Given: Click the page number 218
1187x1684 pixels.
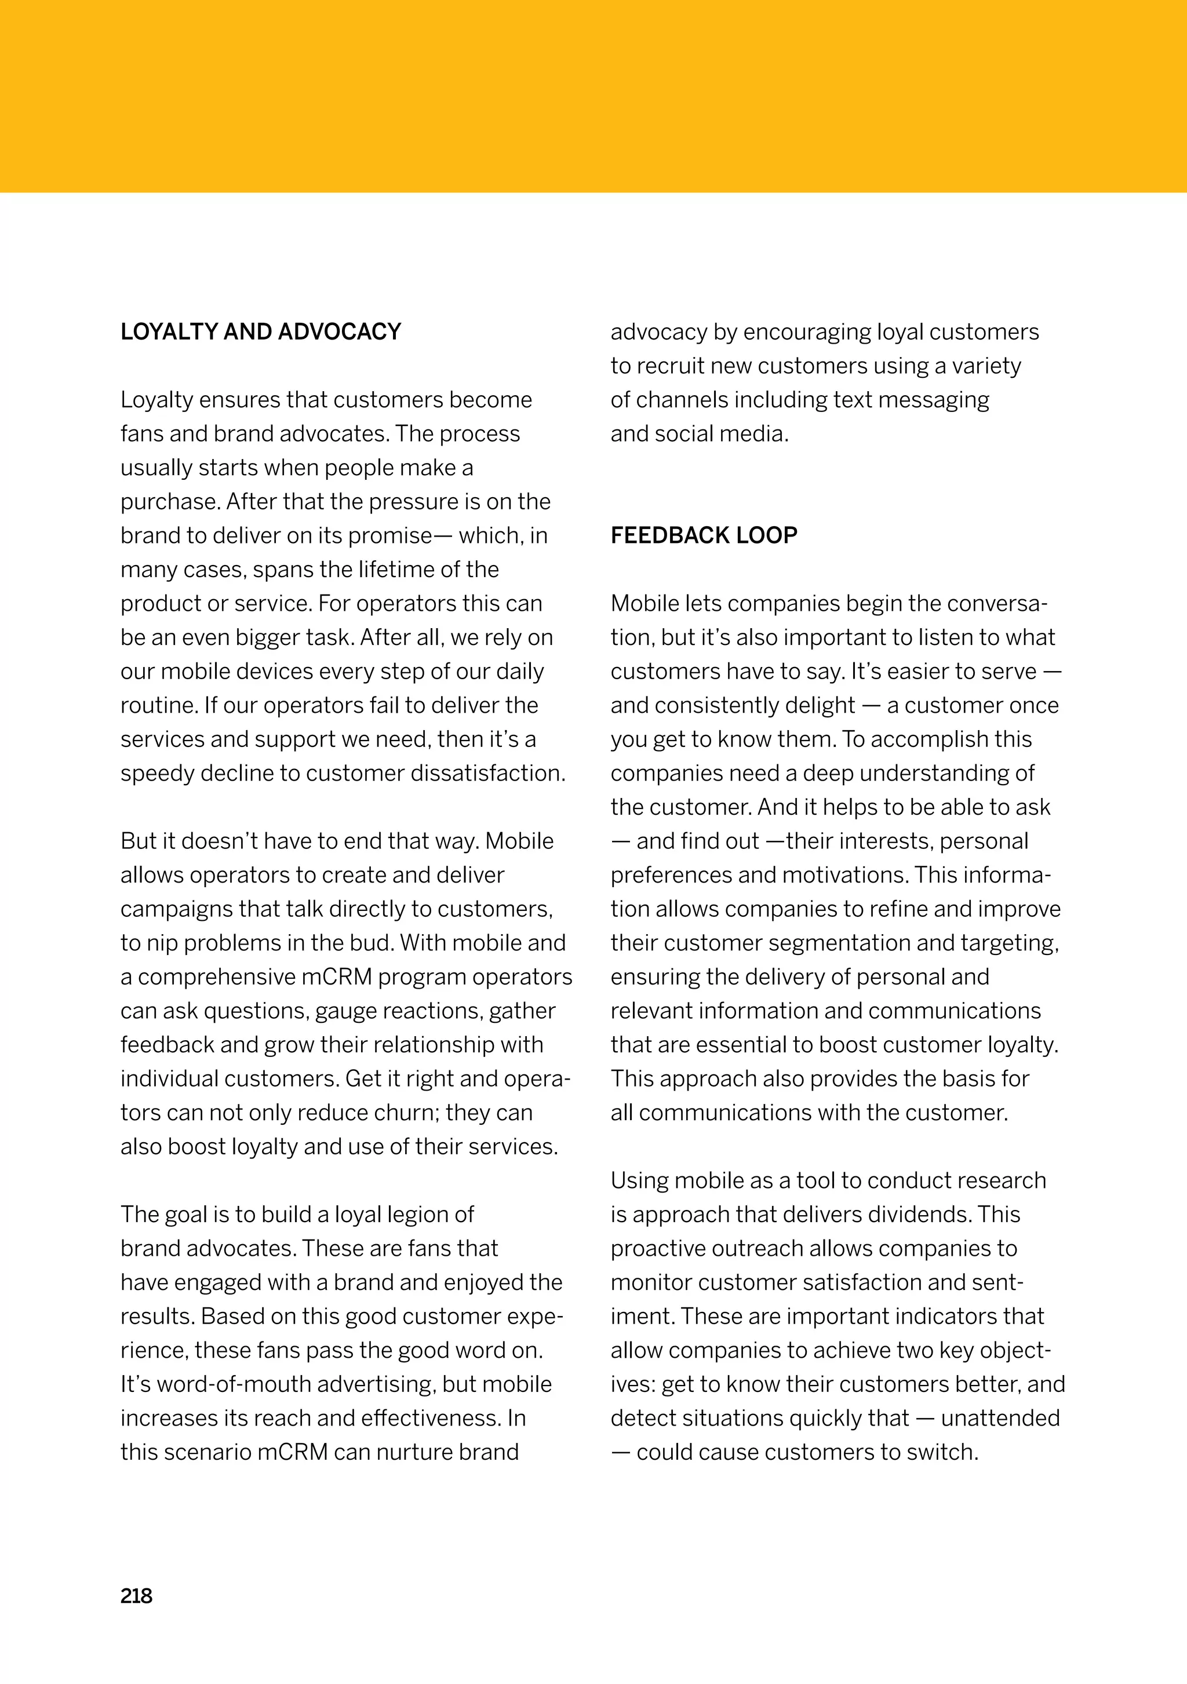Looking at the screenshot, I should [x=136, y=1596].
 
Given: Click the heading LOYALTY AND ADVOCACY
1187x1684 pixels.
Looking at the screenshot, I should [x=260, y=331].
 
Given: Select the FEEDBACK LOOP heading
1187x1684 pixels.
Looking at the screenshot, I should [x=704, y=535].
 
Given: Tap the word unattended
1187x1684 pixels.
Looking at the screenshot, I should [x=1000, y=1418].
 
